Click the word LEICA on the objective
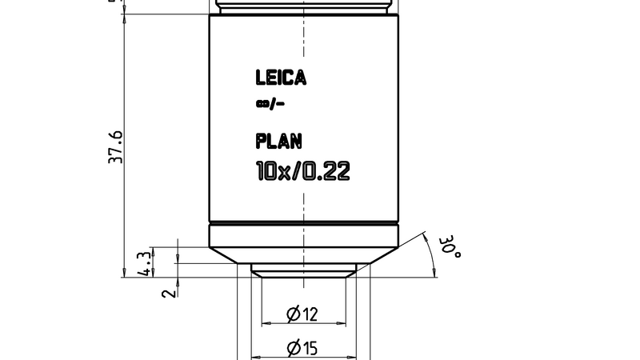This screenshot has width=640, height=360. (x=281, y=78)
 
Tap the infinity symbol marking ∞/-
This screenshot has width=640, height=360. (x=261, y=104)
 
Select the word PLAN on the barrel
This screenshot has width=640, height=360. (x=279, y=142)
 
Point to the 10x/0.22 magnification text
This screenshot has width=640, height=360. (x=302, y=171)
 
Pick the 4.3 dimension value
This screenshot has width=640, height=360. (x=145, y=262)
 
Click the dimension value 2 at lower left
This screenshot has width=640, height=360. (x=167, y=293)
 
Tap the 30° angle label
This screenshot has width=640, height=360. (x=452, y=246)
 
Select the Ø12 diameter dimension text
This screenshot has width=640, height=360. (x=302, y=314)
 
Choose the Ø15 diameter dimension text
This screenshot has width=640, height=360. (x=302, y=348)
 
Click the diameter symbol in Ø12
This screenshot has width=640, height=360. (x=294, y=314)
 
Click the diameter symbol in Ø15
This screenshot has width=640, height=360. (x=294, y=348)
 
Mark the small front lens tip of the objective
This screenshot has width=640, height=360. (x=303, y=271)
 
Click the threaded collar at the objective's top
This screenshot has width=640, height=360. (x=303, y=6)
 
